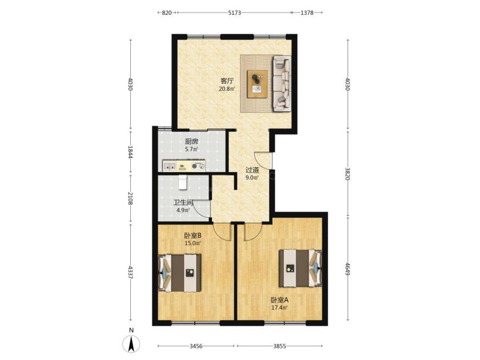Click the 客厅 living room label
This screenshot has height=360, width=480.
coord(227,81)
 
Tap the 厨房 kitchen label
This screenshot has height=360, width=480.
coord(191,142)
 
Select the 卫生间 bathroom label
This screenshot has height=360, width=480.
coord(183,203)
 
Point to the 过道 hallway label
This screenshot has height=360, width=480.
coord(252,170)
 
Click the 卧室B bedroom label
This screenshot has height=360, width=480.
coord(192,235)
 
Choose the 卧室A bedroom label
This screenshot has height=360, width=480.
coord(279,300)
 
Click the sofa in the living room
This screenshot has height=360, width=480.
coord(282,83)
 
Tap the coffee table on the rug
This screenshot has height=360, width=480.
coord(257,84)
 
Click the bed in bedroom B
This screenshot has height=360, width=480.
coord(179,273)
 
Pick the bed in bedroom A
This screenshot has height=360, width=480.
coord(301,269)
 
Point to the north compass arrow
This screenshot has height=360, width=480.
coord(131,343)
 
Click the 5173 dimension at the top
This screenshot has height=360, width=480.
coord(234,13)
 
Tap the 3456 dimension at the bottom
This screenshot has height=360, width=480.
coord(196,346)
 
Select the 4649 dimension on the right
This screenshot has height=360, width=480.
coord(347,269)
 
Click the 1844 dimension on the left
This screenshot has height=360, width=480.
coord(130,152)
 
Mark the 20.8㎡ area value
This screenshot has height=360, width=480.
coord(227,89)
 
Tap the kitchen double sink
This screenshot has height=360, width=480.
coord(169,166)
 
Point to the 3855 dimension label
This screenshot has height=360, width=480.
coord(279,346)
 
